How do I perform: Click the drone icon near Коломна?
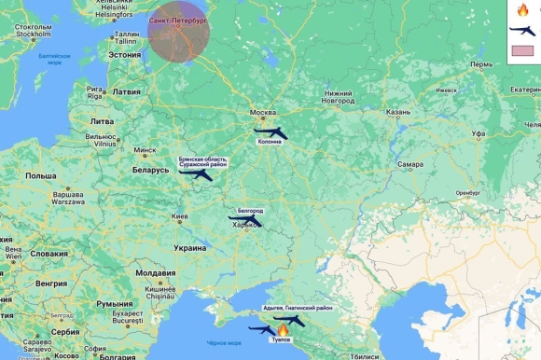click(x=270, y=133)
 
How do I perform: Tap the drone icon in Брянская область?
click(x=196, y=173)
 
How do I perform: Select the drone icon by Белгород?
click(x=244, y=221)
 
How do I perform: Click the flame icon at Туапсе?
click(x=283, y=330)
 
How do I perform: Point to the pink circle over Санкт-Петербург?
click(x=178, y=32)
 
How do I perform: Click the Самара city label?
click(x=409, y=164)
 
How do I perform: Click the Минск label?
click(x=145, y=149)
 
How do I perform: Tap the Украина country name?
click(x=190, y=248)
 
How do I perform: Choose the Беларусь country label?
click(x=150, y=170)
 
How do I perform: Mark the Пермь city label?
click(x=481, y=64)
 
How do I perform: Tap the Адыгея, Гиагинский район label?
click(x=298, y=307)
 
